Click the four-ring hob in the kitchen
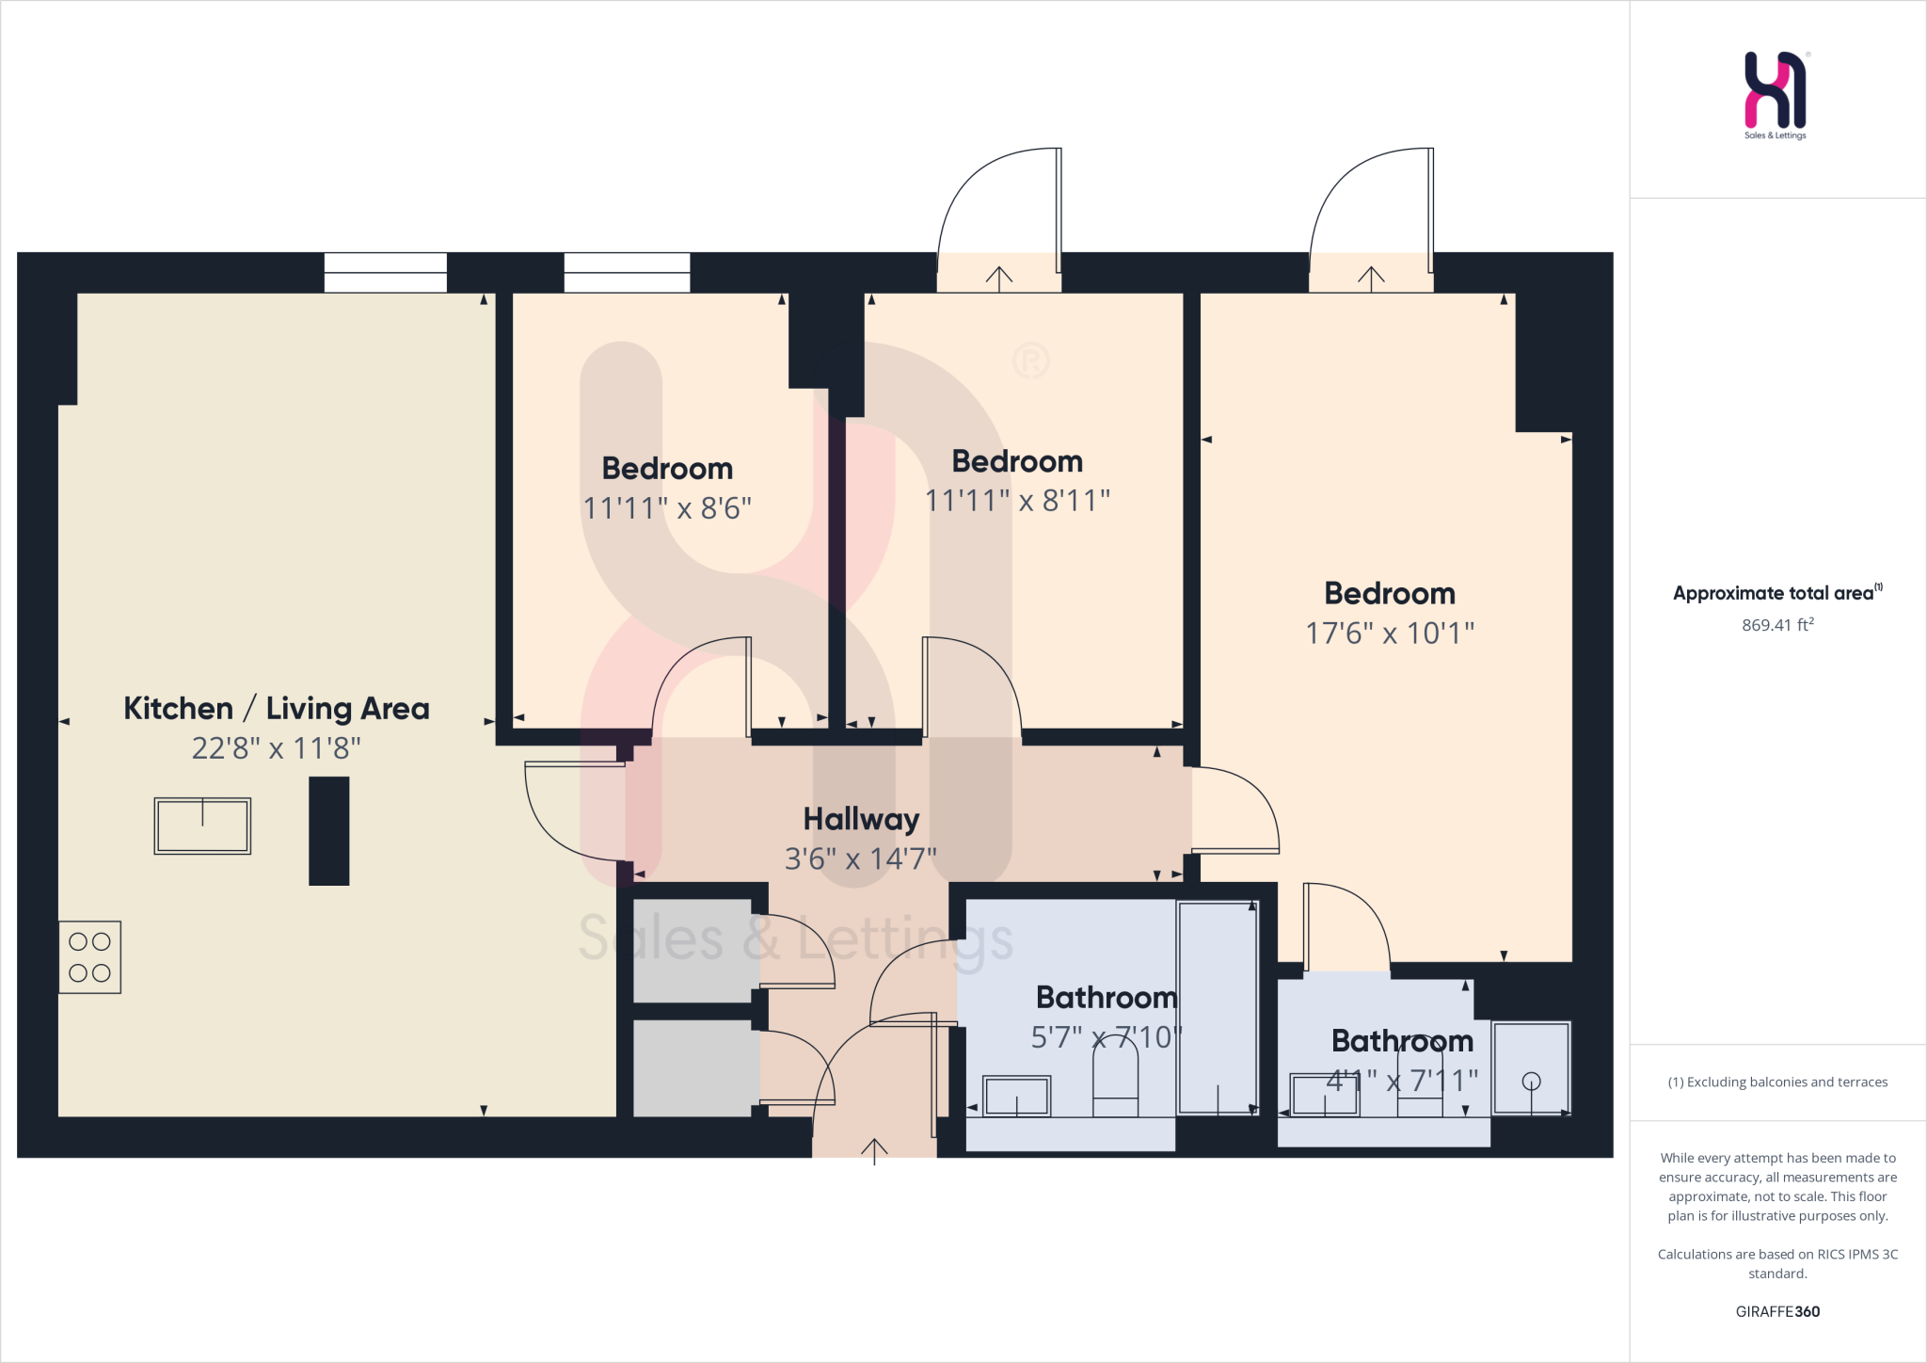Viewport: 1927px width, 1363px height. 89,956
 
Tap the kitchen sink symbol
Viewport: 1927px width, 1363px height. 202,826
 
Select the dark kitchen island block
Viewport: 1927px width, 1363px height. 328,830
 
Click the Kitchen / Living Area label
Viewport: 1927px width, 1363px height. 276,708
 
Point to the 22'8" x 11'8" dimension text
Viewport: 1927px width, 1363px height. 276,748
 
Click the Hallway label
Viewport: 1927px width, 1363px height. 861,819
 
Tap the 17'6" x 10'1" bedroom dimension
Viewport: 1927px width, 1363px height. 1389,633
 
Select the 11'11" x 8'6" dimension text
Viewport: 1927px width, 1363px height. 666,508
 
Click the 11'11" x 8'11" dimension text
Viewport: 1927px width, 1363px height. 1017,501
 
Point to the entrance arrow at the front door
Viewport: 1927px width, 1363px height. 874,1149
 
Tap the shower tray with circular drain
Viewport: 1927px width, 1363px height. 1531,1067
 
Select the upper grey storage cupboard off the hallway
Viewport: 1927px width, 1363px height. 692,951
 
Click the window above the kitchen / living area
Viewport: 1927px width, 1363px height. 386,272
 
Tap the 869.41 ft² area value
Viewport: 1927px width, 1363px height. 1776,625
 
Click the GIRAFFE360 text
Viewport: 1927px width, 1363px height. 1776,1311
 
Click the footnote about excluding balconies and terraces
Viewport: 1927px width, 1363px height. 1776,1082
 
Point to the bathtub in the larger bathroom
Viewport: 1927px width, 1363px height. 1218,1007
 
